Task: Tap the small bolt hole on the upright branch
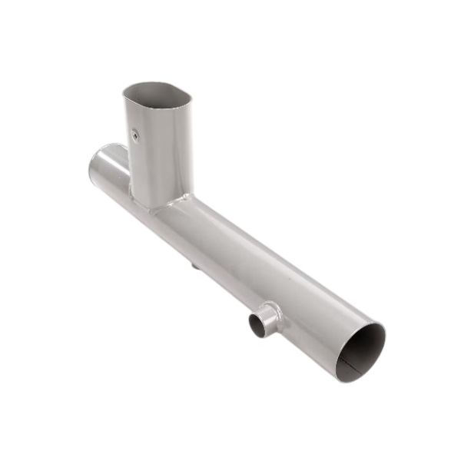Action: (x=134, y=135)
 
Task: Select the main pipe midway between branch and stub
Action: (x=230, y=254)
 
